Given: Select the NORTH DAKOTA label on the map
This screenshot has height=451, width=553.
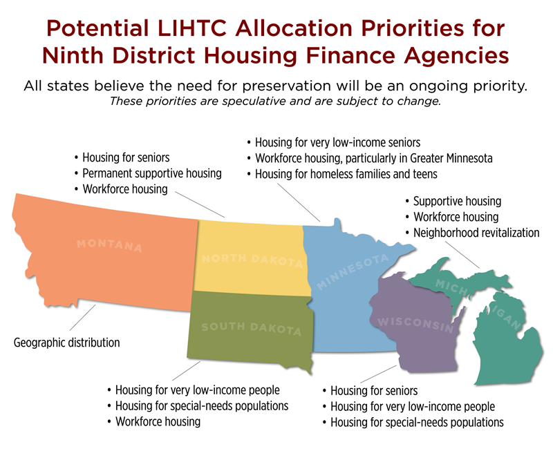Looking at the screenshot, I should (x=252, y=261).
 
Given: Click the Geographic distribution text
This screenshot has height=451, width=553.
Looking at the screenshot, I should (x=66, y=343).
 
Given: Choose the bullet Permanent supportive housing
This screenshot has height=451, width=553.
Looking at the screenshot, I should (x=151, y=173).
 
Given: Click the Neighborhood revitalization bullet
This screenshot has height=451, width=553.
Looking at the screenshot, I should (x=476, y=233).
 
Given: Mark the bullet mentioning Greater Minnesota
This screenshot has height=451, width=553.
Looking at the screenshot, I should (x=373, y=158).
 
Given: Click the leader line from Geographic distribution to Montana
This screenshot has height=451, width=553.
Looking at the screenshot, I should (x=84, y=319).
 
